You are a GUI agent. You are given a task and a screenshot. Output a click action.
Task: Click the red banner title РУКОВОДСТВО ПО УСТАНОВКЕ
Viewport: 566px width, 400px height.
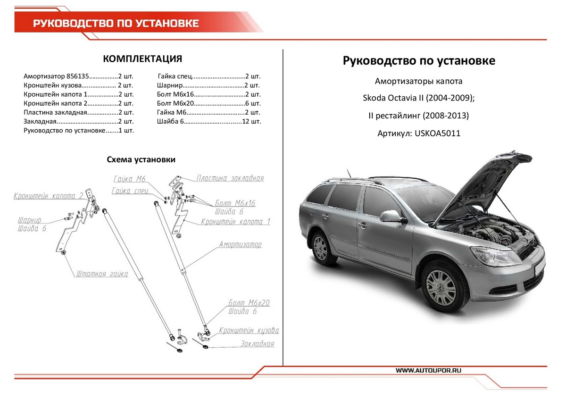point(116,24)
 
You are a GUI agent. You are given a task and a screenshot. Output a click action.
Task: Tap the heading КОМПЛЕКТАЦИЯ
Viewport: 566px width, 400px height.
point(142,59)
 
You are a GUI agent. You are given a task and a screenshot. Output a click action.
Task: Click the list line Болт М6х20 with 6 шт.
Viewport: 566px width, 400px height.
point(208,103)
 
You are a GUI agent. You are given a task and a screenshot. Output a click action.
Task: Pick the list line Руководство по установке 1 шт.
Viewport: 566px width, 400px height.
point(78,130)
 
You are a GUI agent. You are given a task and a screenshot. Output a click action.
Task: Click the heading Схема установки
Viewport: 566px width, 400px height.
point(141,160)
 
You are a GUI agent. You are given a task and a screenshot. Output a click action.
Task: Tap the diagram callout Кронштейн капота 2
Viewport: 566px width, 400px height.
point(49,196)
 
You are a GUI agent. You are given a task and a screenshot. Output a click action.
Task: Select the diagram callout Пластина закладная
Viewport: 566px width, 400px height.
point(230,178)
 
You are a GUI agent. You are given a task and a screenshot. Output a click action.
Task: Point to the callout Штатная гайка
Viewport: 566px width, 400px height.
point(102,274)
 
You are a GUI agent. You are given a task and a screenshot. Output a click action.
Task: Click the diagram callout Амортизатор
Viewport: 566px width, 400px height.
point(240,245)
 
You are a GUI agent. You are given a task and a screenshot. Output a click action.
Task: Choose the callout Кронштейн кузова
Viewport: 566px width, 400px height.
point(249,331)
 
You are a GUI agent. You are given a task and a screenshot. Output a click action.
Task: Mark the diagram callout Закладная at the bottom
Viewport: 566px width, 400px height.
point(257,344)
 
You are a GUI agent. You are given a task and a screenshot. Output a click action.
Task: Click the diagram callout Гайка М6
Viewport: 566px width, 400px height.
point(130,179)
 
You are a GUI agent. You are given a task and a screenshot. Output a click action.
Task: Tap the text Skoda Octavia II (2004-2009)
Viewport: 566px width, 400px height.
point(418,99)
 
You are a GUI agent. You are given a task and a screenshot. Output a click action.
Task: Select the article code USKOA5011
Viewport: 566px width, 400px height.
point(437,133)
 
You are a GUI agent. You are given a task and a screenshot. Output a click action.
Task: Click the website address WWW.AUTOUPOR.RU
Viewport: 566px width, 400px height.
point(428,371)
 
